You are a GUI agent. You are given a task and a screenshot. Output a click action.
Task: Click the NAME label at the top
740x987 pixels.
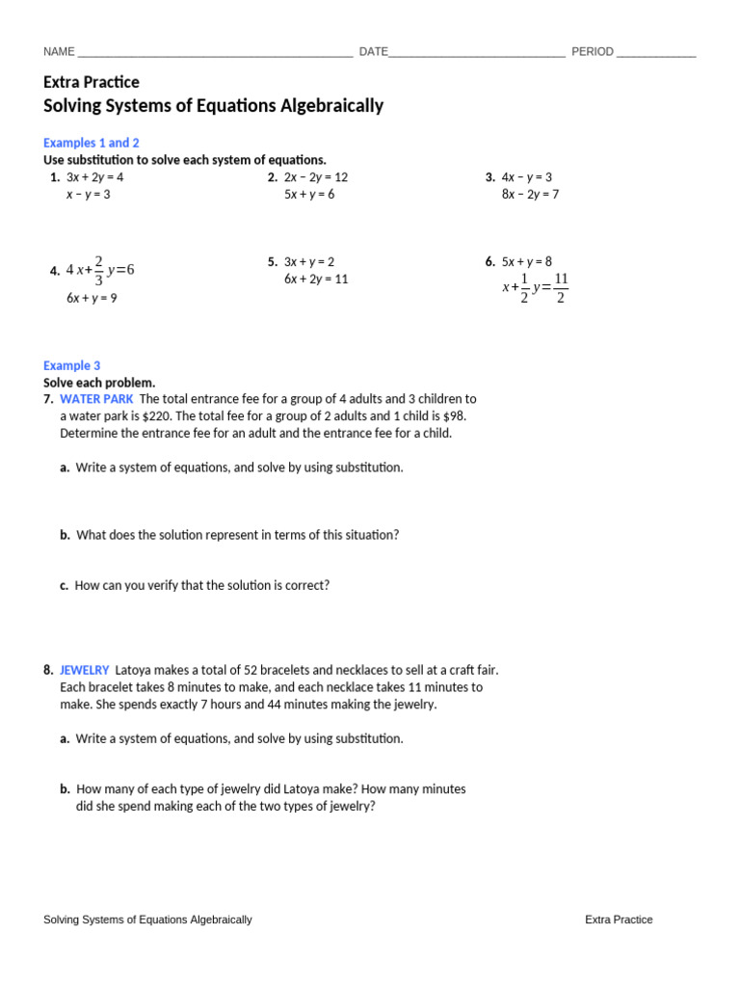click(59, 52)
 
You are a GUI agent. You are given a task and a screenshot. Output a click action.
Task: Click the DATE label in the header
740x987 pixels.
click(374, 52)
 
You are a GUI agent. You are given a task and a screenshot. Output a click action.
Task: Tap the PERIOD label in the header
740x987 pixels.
click(593, 52)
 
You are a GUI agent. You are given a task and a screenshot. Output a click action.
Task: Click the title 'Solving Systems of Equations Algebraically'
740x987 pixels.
click(213, 106)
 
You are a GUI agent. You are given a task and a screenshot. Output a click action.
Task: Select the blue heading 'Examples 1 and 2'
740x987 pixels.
click(92, 143)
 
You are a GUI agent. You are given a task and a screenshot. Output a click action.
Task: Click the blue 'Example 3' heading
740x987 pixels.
click(72, 366)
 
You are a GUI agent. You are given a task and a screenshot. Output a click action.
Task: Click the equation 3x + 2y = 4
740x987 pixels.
click(94, 177)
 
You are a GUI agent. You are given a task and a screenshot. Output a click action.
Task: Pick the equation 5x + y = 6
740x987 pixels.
click(309, 195)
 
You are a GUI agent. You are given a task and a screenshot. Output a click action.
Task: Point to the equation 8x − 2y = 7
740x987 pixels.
click(530, 195)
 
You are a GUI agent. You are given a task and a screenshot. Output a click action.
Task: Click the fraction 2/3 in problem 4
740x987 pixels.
click(98, 271)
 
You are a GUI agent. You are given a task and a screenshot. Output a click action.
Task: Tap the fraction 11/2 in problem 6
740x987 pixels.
click(561, 288)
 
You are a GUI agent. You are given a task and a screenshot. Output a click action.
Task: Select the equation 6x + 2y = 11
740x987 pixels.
click(316, 280)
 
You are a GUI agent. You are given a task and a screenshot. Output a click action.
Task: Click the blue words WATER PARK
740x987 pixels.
click(96, 399)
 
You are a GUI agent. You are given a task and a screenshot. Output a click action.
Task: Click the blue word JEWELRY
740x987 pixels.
click(85, 670)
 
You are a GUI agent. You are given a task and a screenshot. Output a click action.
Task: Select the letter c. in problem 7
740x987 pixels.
click(64, 585)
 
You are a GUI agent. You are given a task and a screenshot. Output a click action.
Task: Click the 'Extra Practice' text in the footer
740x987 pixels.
click(619, 920)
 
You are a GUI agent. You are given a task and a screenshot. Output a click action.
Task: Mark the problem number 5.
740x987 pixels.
click(273, 262)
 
